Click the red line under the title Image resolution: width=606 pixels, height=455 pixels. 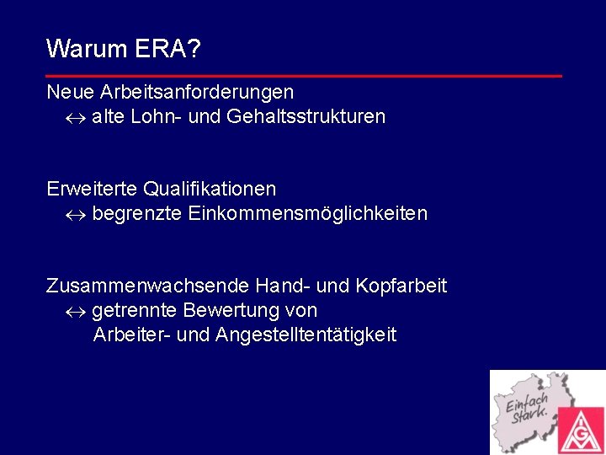point(303,76)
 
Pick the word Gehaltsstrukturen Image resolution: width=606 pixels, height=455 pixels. point(306,117)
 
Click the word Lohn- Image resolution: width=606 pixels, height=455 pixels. point(157,117)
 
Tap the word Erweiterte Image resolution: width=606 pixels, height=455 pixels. point(92,188)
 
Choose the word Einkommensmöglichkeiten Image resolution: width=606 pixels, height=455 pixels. point(308,214)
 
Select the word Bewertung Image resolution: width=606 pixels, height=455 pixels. point(226,311)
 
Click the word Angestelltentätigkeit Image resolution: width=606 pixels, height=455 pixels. point(306,335)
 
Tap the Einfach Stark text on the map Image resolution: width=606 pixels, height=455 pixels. point(528,407)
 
